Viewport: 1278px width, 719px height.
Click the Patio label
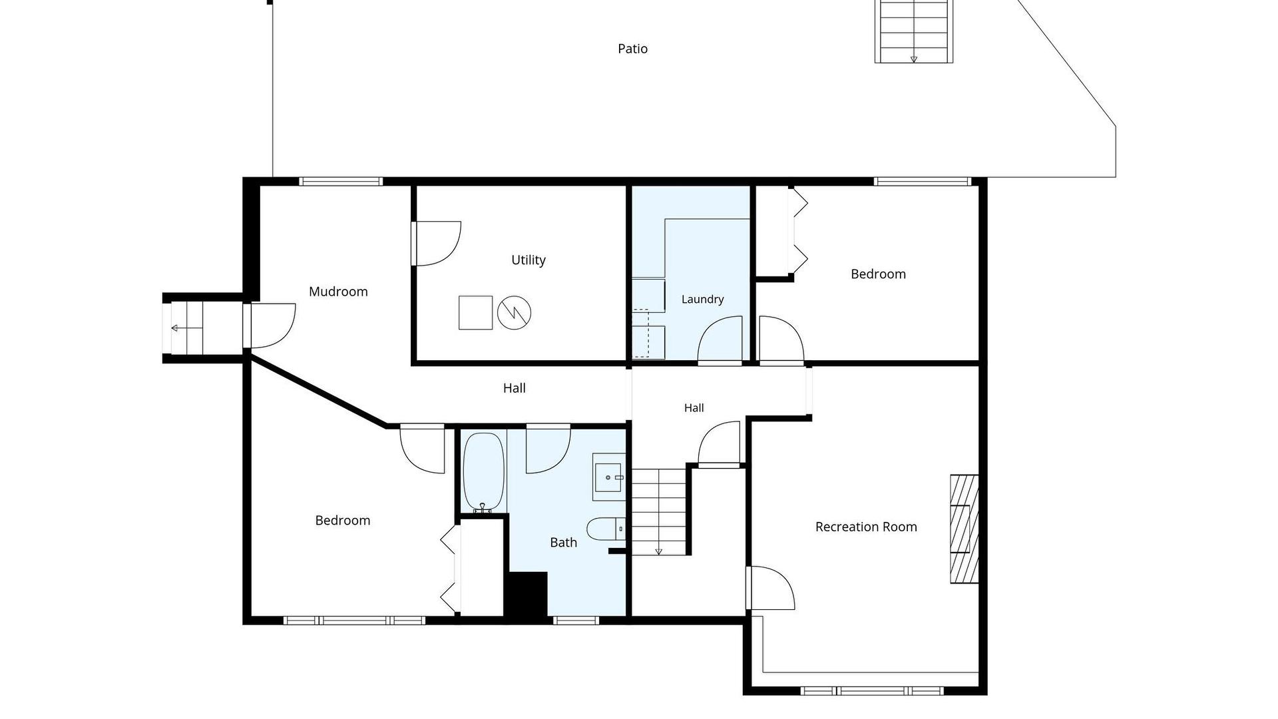(632, 49)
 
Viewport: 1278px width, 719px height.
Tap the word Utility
(529, 260)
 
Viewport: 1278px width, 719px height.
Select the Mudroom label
(338, 292)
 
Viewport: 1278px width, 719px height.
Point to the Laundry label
(702, 300)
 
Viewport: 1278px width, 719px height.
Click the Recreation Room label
(866, 527)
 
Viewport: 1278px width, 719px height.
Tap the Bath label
(563, 543)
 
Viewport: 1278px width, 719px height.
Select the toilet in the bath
(606, 529)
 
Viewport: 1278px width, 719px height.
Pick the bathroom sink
(609, 477)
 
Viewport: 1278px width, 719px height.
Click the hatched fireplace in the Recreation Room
(964, 529)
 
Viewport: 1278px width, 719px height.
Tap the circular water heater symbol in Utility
(515, 313)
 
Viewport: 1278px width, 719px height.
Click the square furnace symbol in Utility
(476, 313)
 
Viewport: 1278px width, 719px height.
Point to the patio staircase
(914, 31)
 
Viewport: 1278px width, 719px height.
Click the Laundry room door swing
(720, 340)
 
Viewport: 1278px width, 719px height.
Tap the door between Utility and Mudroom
(436, 244)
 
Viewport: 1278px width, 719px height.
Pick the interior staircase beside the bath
(659, 512)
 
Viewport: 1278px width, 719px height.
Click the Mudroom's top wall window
(341, 181)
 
